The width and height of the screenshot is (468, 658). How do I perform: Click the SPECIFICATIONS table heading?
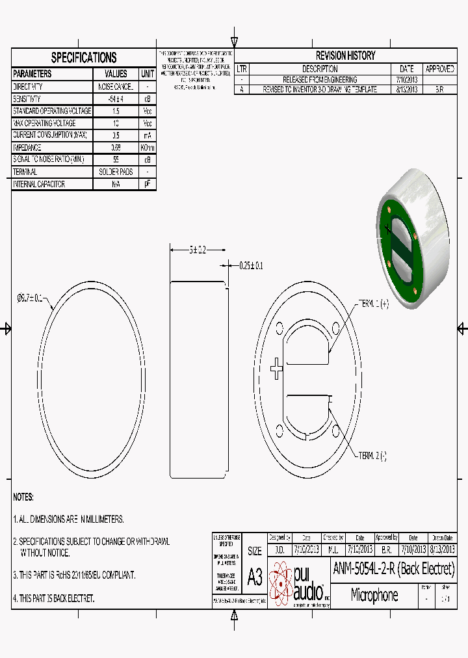click(84, 57)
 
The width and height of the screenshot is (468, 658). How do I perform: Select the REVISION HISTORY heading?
click(345, 56)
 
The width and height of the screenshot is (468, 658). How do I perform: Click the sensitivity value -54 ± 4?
click(116, 99)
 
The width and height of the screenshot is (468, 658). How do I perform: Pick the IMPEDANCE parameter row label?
click(27, 148)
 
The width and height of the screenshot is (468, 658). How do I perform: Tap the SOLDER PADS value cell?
click(116, 172)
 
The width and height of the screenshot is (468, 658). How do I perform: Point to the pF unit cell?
click(148, 185)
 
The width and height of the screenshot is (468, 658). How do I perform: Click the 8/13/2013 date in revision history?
click(406, 90)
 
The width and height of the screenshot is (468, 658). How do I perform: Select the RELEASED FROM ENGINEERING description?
click(320, 79)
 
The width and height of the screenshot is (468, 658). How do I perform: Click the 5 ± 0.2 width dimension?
click(198, 250)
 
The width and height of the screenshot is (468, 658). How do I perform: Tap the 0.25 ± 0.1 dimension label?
click(251, 265)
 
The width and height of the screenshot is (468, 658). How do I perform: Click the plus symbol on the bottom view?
click(277, 369)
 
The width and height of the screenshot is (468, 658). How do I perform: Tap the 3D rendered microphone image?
click(411, 237)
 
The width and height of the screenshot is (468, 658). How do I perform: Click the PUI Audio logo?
click(300, 583)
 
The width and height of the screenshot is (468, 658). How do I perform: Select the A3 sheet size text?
click(254, 576)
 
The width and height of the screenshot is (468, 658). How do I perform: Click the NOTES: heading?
click(23, 497)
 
